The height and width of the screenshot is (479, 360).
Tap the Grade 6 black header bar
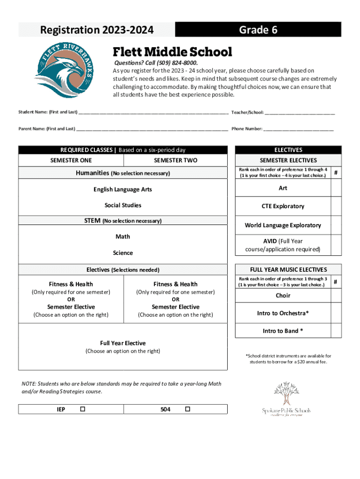[258, 30]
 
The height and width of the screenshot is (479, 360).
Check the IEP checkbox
[83, 409]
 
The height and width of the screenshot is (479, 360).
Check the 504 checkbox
[187, 409]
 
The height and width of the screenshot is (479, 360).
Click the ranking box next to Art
[336, 188]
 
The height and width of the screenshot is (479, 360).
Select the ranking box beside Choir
[336, 296]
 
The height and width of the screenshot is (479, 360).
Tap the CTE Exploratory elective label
[283, 206]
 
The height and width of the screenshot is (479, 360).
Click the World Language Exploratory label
[283, 225]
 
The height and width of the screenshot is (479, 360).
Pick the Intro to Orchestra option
[283, 313]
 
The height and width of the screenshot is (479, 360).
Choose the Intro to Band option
[283, 331]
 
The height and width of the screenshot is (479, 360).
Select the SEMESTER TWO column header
[175, 160]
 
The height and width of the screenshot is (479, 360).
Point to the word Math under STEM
[122, 237]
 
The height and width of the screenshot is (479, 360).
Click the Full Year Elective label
[122, 343]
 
